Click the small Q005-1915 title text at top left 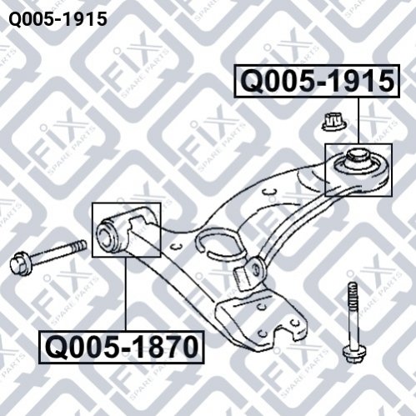pos(58,19)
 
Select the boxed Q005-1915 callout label pos(317,81)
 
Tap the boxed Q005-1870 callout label pos(122,347)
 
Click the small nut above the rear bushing pos(334,122)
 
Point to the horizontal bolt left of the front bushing pos(48,255)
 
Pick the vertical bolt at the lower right pos(353,322)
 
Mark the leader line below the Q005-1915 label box pos(358,120)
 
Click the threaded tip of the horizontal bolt pos(79,247)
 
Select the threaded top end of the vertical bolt pos(353,294)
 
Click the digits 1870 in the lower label pos(165,348)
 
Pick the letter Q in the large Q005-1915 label pos(252,81)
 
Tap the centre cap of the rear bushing pos(356,156)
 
